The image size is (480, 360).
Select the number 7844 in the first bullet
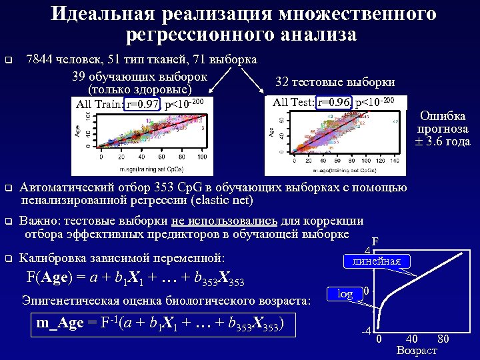point(40,59)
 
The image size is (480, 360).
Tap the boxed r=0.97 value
point(143,104)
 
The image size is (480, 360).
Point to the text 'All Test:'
point(295,102)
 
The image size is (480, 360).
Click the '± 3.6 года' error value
point(443,141)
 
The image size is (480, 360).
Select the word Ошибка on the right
point(443,116)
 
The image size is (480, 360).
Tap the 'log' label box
point(345,294)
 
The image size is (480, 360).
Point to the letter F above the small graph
point(375,242)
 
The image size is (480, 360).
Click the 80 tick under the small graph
point(442,339)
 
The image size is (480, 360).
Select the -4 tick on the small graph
point(366,331)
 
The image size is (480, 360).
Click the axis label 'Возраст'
point(417,350)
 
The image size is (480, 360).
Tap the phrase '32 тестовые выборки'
point(335,82)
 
